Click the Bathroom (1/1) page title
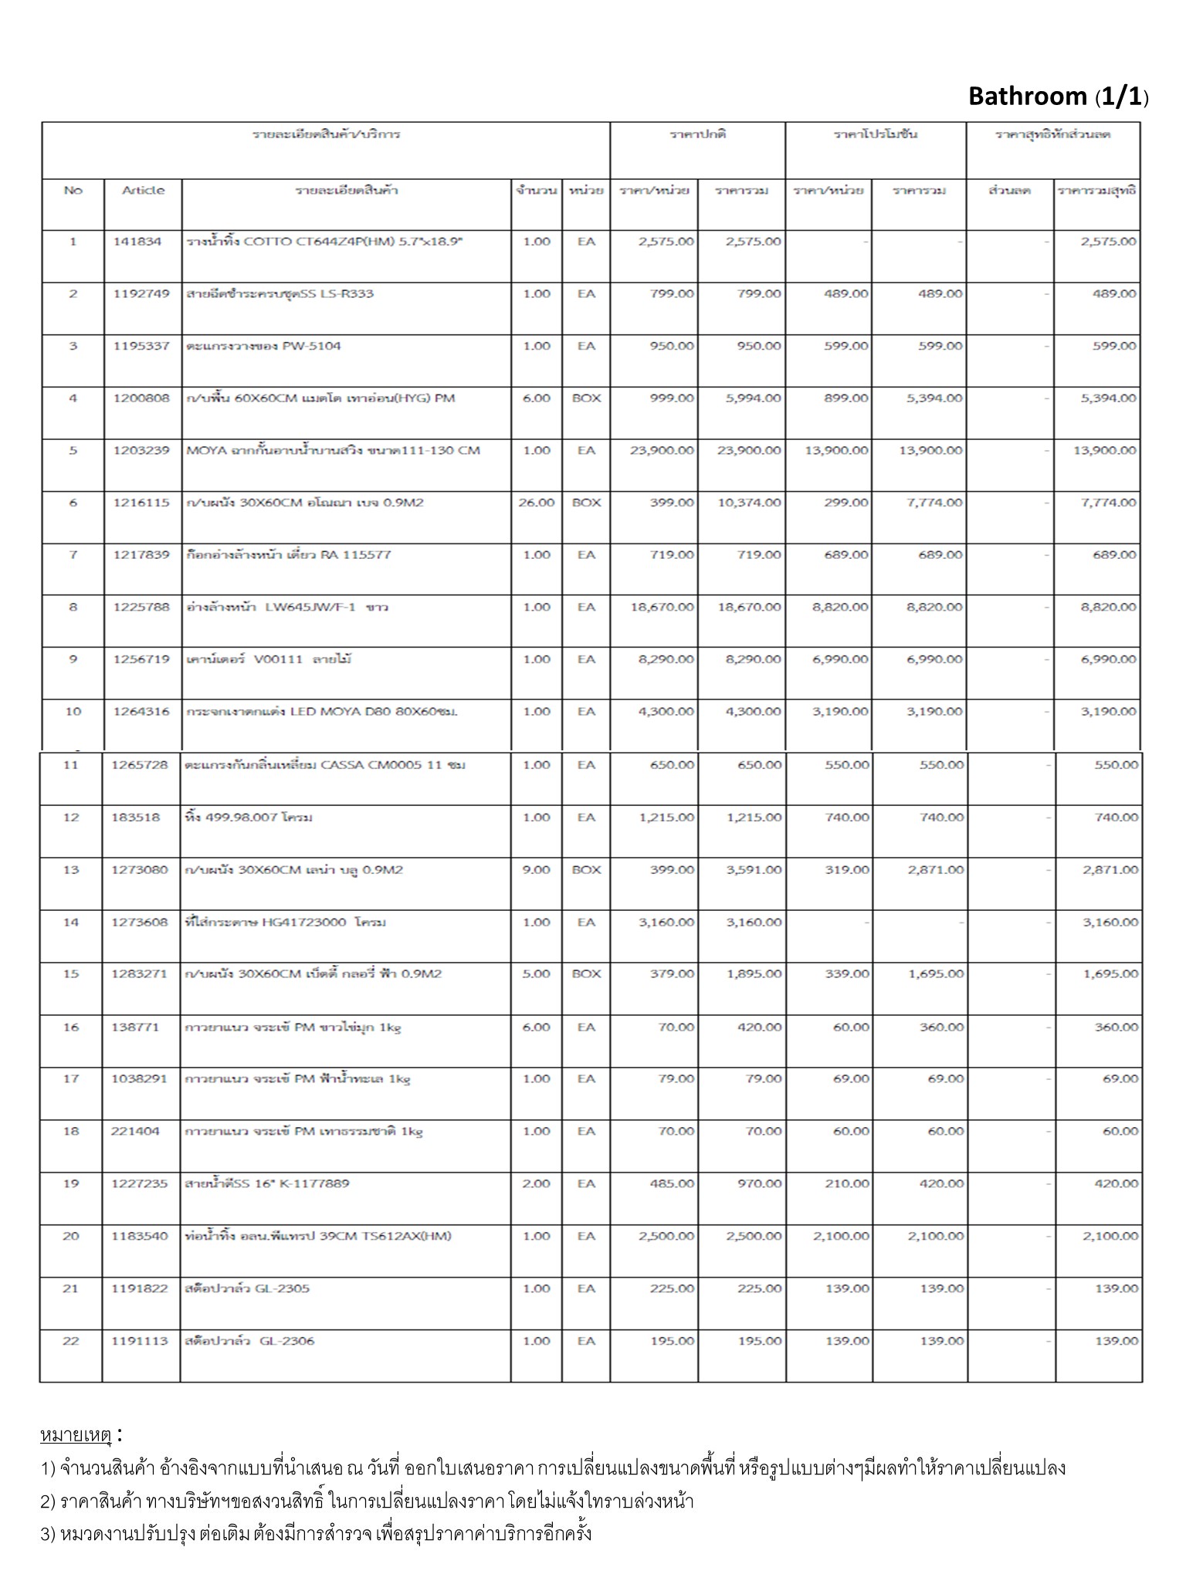coord(1058,96)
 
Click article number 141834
coord(137,242)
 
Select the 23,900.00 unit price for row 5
coord(662,450)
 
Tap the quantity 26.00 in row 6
coord(537,503)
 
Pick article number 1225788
coord(141,607)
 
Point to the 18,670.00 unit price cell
coord(662,607)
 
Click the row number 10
coord(73,711)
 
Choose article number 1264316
coord(141,711)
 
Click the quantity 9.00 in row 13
coord(537,870)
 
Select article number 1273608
coord(140,922)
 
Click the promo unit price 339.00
coord(847,974)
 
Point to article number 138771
coord(135,1027)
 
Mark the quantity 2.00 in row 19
coord(537,1183)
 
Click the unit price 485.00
coord(673,1183)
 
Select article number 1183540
coord(140,1236)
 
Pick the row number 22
coord(71,1341)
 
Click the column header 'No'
coord(73,190)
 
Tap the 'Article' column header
coord(144,190)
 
